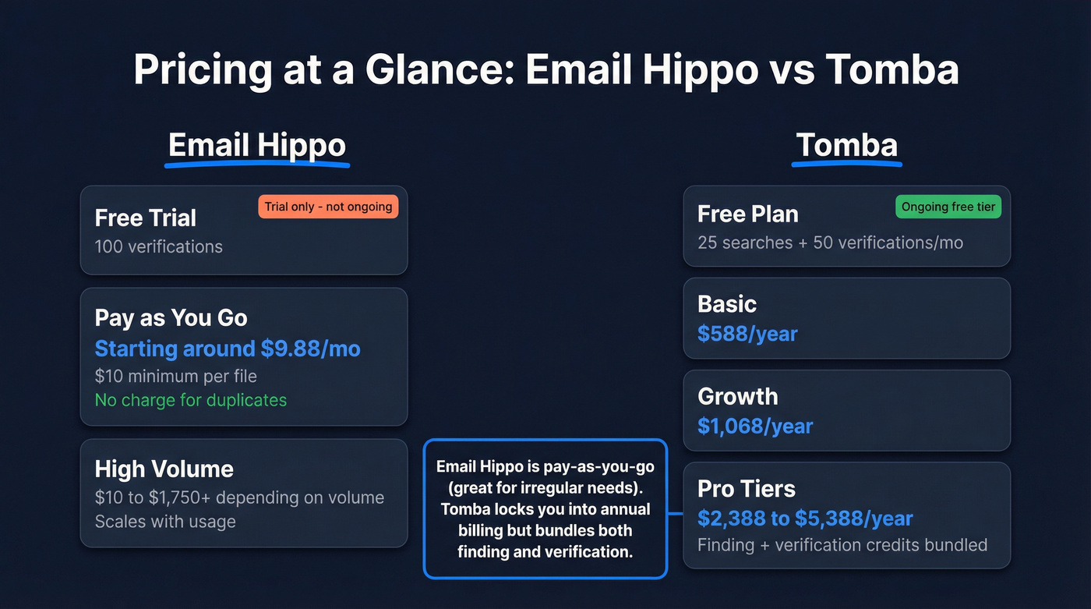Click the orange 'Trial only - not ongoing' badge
click(328, 207)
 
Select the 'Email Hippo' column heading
click(257, 146)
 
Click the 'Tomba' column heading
click(846, 146)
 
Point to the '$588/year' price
click(747, 335)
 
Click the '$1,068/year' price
click(755, 427)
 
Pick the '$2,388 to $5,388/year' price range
click(805, 519)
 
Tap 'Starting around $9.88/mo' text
click(228, 349)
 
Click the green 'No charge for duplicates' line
click(191, 400)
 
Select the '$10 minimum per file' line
click(175, 376)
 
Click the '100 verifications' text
click(158, 246)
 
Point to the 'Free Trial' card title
click(145, 218)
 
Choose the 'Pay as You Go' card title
click(171, 318)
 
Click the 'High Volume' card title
click(164, 469)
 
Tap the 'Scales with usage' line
click(165, 521)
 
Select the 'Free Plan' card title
click(747, 214)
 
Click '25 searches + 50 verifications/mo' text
click(830, 243)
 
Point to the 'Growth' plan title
click(737, 396)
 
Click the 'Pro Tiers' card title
click(746, 489)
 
